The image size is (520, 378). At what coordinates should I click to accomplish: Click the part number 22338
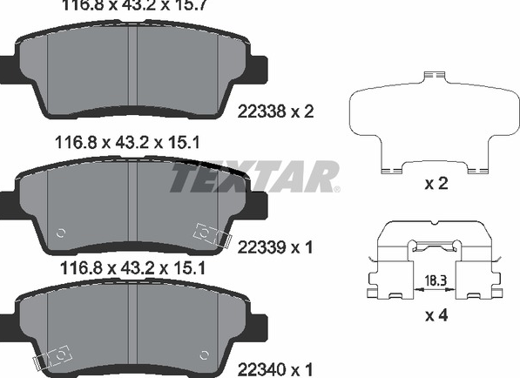261,111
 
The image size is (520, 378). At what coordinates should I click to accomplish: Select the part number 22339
261,247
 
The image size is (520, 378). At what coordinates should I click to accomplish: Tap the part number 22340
261,368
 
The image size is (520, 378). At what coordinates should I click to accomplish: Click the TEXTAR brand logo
254,177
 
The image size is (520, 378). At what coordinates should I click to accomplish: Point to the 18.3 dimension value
436,281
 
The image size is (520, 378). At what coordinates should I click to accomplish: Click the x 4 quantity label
436,315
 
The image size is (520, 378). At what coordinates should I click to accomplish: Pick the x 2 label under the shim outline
436,184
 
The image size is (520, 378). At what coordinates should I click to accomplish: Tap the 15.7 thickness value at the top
191,5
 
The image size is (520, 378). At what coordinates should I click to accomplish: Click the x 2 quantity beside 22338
302,111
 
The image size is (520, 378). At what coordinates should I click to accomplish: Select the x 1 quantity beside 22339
302,247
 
